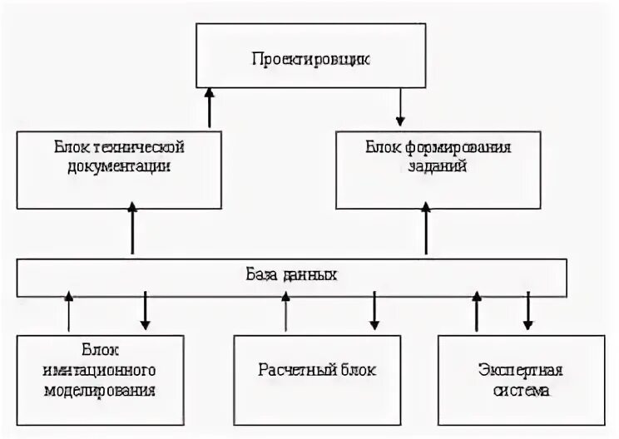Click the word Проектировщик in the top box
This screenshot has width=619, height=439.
[x=310, y=61]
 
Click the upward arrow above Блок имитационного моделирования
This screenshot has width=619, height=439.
[x=69, y=311]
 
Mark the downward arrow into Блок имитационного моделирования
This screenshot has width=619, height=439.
[x=145, y=311]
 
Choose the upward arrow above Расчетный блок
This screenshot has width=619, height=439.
[x=286, y=311]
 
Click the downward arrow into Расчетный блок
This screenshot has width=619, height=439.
[x=374, y=311]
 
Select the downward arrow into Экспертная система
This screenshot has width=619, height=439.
[x=527, y=311]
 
